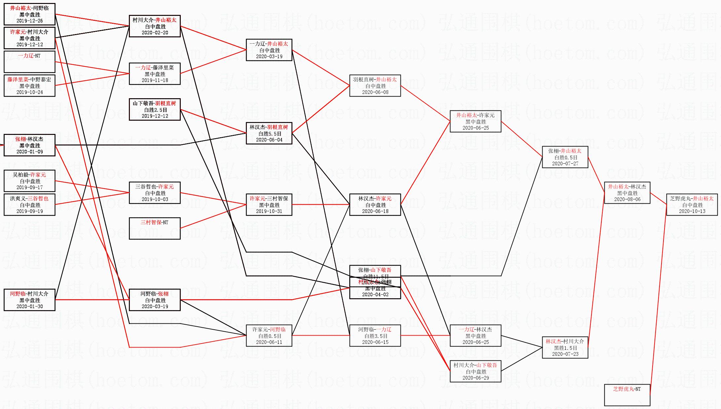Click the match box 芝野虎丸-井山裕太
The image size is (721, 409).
click(692, 205)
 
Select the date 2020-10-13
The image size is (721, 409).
click(692, 211)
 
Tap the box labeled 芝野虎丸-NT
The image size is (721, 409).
click(627, 395)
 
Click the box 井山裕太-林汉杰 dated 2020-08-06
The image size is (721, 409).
click(627, 193)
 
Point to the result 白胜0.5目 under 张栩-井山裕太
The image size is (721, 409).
click(565, 157)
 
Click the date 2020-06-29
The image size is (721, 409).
click(475, 378)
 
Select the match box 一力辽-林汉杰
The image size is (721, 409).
click(475, 336)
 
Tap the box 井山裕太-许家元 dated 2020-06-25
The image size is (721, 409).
click(475, 121)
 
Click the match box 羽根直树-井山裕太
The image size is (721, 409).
click(375, 86)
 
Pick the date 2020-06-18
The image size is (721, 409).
click(375, 211)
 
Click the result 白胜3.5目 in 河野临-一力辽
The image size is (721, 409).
click(375, 336)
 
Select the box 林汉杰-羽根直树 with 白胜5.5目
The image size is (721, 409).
click(269, 133)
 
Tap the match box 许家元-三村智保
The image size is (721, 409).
click(269, 205)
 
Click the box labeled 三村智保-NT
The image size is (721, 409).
click(155, 228)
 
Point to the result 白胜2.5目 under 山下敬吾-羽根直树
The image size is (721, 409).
click(155, 110)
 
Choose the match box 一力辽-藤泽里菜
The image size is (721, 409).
click(155, 74)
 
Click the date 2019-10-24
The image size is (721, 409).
click(29, 92)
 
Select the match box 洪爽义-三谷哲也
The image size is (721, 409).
click(29, 205)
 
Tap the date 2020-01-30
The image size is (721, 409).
click(29, 307)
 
